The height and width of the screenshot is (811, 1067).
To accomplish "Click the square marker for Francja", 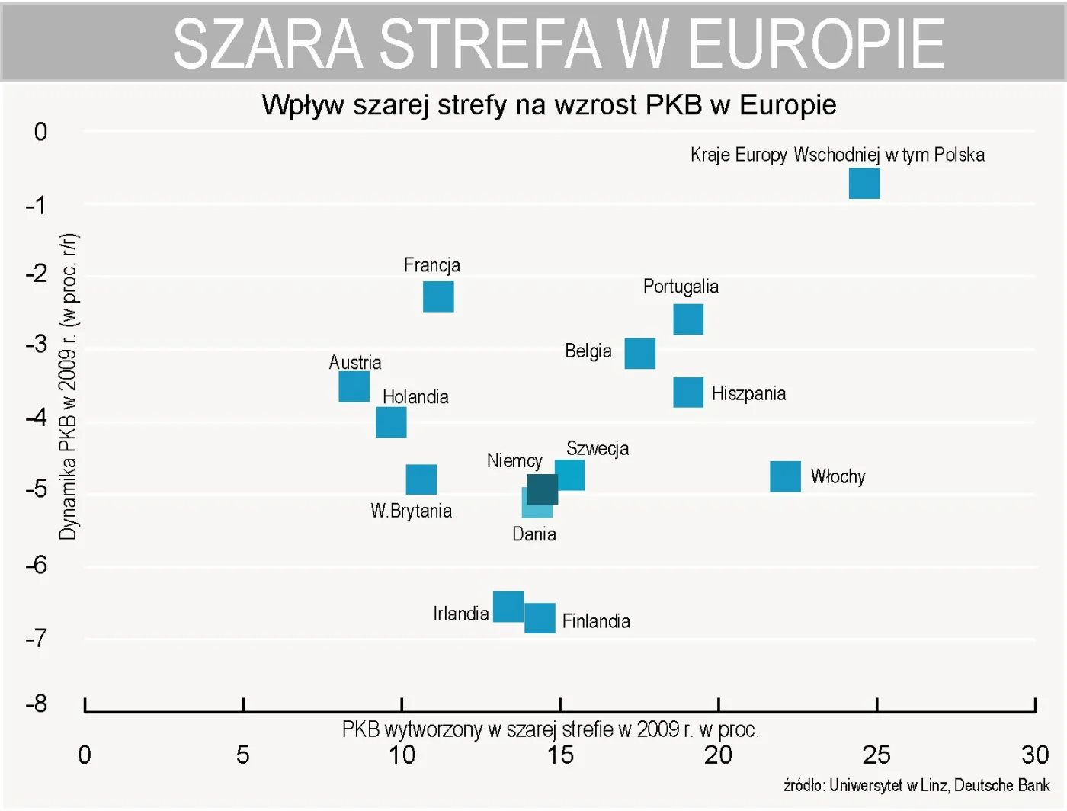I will click(x=438, y=297).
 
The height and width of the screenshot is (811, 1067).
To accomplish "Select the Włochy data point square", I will click(x=785, y=476).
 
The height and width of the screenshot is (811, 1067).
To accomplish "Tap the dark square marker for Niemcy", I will click(x=543, y=489).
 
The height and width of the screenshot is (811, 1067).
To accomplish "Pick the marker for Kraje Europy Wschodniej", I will click(x=864, y=184).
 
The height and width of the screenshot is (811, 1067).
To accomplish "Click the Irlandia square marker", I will click(x=508, y=607).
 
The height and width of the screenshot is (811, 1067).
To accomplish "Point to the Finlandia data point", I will click(x=540, y=618).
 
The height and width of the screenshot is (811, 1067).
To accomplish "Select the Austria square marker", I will click(x=354, y=387).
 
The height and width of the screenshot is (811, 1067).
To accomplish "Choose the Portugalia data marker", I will click(x=688, y=319).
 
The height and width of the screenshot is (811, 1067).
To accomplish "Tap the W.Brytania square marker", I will click(x=421, y=479).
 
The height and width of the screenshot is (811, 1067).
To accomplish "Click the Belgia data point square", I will click(x=639, y=354).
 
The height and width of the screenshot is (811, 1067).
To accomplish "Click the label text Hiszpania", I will click(x=748, y=393).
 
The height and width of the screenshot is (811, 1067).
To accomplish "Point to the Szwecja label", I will click(x=598, y=448).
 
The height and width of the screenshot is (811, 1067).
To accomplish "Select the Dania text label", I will click(x=533, y=534).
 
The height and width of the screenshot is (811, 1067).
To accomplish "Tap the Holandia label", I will click(x=415, y=397).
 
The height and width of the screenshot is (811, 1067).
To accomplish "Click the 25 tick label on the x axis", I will click(x=876, y=755).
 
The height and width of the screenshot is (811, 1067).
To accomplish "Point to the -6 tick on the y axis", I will click(x=36, y=565).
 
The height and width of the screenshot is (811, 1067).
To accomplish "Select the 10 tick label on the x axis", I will click(x=402, y=755).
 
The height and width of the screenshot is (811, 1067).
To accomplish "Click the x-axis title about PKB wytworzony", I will click(x=550, y=729).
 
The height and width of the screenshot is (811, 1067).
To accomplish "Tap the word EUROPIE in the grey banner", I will click(x=816, y=44).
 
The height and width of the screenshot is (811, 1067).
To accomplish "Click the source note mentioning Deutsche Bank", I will click(x=916, y=785).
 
